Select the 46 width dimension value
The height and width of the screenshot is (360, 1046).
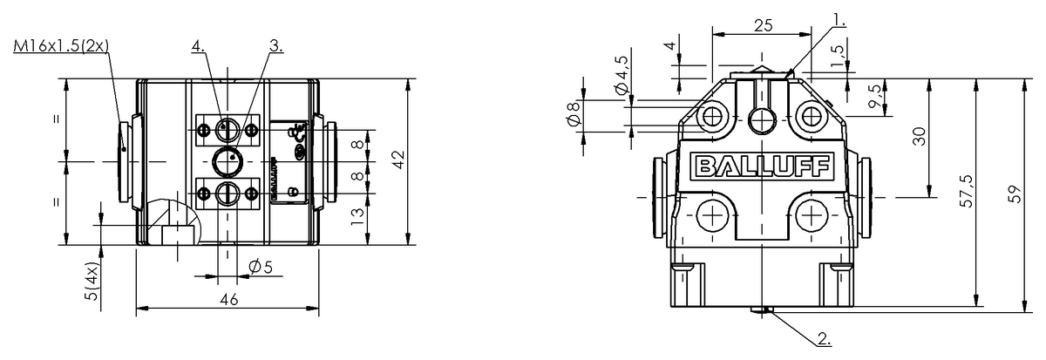(x=228, y=299)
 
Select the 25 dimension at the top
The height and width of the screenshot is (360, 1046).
(x=763, y=26)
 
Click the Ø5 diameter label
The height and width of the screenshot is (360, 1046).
(x=261, y=268)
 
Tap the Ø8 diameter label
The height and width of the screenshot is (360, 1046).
(x=573, y=114)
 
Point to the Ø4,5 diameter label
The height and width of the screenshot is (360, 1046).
(x=621, y=77)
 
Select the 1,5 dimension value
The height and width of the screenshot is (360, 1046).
(x=838, y=55)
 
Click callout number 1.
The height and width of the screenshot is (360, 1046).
(x=815, y=17)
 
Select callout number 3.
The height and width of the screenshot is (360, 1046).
(x=276, y=47)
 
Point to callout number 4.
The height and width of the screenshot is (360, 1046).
(x=200, y=47)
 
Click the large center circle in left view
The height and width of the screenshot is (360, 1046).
(x=228, y=161)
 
